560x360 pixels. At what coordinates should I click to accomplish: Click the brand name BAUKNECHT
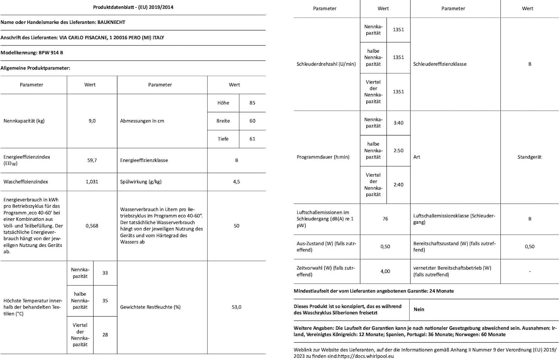pyautogui.click(x=111, y=22)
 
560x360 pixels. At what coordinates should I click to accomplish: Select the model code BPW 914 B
pyautogui.click(x=51, y=53)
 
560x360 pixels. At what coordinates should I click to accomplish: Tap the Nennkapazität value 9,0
pyautogui.click(x=92, y=121)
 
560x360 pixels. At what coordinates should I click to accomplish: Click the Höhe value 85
pyautogui.click(x=252, y=103)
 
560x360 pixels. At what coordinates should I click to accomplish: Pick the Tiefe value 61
pyautogui.click(x=252, y=139)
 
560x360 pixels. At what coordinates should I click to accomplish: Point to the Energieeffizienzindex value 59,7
pyautogui.click(x=92, y=160)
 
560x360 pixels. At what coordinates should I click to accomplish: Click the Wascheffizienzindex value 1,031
pyautogui.click(x=92, y=182)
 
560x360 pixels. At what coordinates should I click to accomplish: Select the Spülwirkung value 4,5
pyautogui.click(x=236, y=182)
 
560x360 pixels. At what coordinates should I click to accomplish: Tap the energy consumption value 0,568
pyautogui.click(x=92, y=226)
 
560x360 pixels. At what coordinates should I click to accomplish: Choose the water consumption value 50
pyautogui.click(x=236, y=226)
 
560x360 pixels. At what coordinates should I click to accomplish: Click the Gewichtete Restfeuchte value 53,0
pyautogui.click(x=236, y=307)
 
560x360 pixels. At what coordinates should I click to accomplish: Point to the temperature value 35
pyautogui.click(x=105, y=301)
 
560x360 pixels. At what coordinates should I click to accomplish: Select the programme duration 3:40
pyautogui.click(x=398, y=123)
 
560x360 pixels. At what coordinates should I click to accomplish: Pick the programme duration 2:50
pyautogui.click(x=398, y=150)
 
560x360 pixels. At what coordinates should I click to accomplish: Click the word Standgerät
pyautogui.click(x=529, y=157)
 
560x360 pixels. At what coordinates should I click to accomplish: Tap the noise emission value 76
pyautogui.click(x=385, y=219)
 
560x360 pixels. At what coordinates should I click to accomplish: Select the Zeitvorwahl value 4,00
pyautogui.click(x=385, y=271)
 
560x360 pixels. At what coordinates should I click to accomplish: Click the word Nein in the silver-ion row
pyautogui.click(x=419, y=309)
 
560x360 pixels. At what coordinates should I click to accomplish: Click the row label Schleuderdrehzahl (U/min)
pyautogui.click(x=326, y=64)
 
